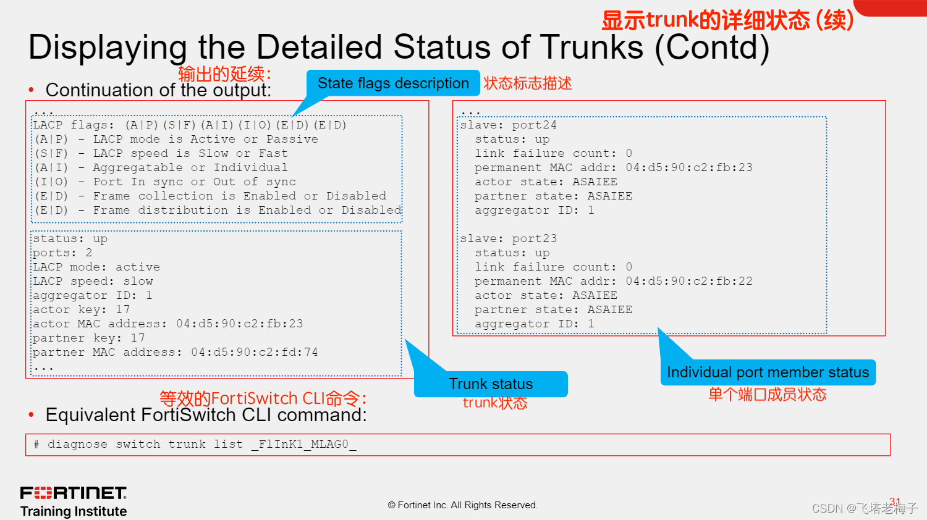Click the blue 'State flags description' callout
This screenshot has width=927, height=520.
[x=393, y=83]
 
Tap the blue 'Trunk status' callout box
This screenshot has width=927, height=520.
[x=491, y=384]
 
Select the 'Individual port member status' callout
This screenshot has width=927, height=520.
[x=768, y=372]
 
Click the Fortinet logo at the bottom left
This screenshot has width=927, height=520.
[x=74, y=493]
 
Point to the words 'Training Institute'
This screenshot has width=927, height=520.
[x=74, y=511]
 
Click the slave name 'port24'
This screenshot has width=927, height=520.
[x=534, y=125]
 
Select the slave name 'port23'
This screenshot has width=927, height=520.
[x=534, y=239]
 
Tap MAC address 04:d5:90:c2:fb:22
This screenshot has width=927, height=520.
[x=689, y=282]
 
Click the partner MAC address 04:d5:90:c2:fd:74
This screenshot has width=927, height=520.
[x=254, y=353]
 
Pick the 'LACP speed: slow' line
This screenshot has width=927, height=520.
[x=93, y=282]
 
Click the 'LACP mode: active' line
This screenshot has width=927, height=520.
[x=96, y=267]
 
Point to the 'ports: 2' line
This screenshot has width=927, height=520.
[x=62, y=253]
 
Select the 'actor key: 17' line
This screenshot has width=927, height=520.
[x=81, y=310]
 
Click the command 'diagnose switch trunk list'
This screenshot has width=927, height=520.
[x=145, y=445]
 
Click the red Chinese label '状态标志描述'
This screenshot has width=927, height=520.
[x=527, y=83]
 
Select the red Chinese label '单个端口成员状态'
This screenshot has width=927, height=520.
[x=767, y=395]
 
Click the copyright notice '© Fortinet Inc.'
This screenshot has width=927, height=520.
[x=462, y=505]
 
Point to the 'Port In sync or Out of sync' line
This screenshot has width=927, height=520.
[x=194, y=182]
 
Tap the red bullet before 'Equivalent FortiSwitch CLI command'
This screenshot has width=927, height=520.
[x=32, y=415]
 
